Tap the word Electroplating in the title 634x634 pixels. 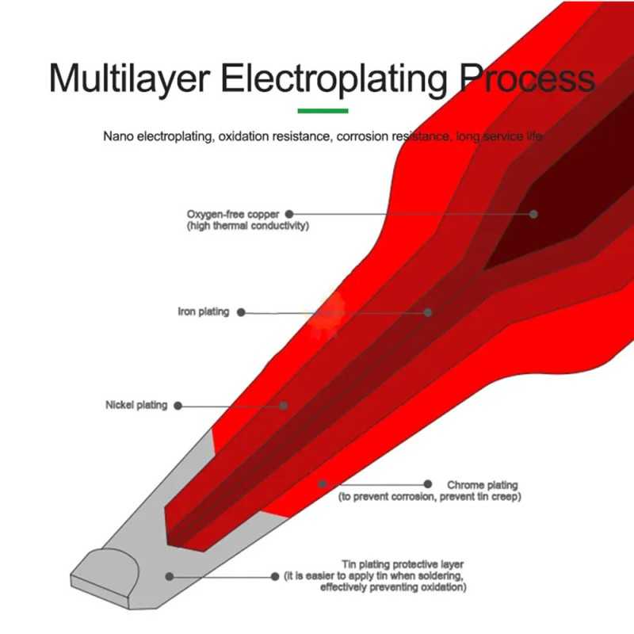336,80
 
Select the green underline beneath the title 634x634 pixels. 323,111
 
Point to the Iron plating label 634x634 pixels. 203,312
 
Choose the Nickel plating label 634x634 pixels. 136,405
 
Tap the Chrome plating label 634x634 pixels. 482,484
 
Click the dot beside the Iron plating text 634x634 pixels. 242,312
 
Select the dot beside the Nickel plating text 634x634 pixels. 178,405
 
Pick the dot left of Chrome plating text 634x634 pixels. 428,483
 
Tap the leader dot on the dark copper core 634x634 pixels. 534,214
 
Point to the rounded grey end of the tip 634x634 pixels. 106,565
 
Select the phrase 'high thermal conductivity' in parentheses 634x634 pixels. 247,227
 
